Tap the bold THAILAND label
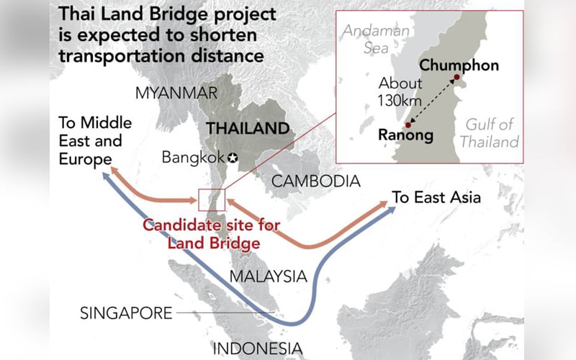click(248, 129)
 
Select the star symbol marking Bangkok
click(233, 157)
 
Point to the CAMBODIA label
click(315, 181)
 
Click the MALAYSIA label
click(268, 276)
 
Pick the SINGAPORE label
click(126, 313)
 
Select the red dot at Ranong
click(407, 125)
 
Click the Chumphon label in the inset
click(459, 65)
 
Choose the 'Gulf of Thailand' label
click(489, 133)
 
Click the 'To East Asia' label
click(436, 197)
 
